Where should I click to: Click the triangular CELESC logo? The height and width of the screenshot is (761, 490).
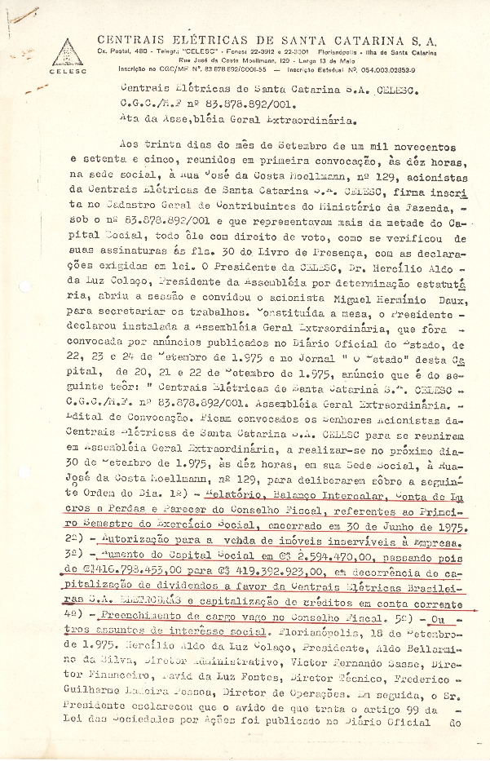(x=63, y=53)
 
